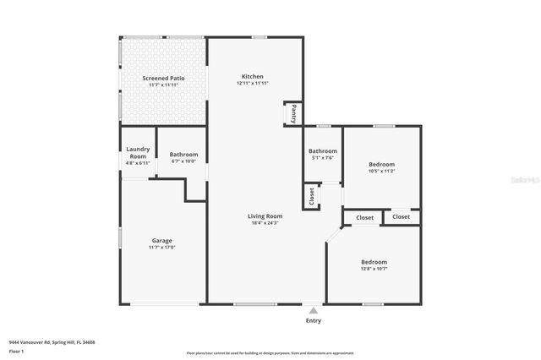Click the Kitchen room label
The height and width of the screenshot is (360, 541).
(253, 76)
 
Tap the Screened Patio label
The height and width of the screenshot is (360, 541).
(162, 78)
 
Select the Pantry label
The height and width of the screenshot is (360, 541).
(293, 112)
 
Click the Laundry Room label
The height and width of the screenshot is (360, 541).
(138, 153)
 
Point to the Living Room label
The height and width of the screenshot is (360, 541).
(265, 215)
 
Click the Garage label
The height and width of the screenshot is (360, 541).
(161, 240)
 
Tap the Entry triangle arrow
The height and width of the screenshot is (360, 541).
(314, 310)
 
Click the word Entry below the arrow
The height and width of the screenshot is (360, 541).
(314, 321)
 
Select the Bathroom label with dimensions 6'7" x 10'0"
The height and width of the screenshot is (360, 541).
(183, 155)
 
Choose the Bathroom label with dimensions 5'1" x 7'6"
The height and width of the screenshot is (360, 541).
(322, 150)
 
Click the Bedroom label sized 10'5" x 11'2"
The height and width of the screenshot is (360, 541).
(381, 164)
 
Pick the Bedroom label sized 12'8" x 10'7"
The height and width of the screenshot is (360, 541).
(374, 262)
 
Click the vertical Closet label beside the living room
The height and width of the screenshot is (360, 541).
(311, 196)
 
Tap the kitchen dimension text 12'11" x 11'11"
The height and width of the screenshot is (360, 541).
(253, 84)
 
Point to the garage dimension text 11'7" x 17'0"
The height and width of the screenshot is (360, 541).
(161, 248)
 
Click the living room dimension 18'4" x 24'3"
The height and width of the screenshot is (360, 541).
(265, 223)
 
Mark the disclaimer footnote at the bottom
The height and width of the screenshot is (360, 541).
(270, 353)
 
